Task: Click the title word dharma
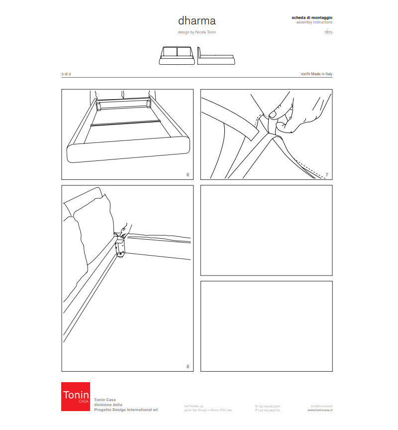197,21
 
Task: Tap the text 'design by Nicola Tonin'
197,32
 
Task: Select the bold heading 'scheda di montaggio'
312,17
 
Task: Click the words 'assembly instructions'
314,22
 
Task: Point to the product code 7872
328,32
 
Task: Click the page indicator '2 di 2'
66,74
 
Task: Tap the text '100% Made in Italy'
316,74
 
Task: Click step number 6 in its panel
188,174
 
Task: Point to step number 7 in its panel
326,175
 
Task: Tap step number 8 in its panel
188,367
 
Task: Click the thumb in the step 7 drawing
273,112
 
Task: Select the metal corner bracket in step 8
120,247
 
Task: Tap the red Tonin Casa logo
75,396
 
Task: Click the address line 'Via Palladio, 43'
194,406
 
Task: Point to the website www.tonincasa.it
320,410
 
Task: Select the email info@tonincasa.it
321,406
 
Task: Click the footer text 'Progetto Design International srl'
126,409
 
